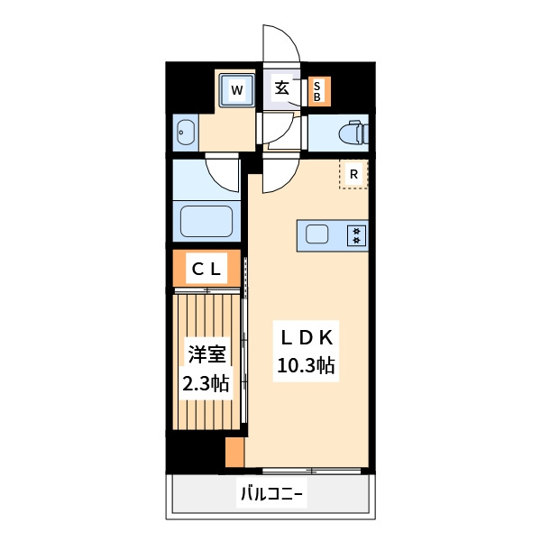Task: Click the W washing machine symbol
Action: pyautogui.click(x=236, y=89)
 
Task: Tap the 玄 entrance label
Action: pyautogui.click(x=282, y=88)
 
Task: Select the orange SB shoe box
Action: pyautogui.click(x=319, y=90)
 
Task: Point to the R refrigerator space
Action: pyautogui.click(x=354, y=174)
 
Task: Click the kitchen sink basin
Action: pyautogui.click(x=317, y=235)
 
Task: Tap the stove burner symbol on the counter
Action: pyautogui.click(x=357, y=235)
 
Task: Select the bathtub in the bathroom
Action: pyautogui.click(x=206, y=222)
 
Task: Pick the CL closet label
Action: pyautogui.click(x=206, y=268)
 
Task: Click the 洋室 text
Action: pyautogui.click(x=206, y=353)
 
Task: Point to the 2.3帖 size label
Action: pyautogui.click(x=206, y=384)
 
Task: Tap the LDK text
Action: pyautogui.click(x=307, y=337)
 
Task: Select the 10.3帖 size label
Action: pyautogui.click(x=307, y=366)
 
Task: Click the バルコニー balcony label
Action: pyautogui.click(x=270, y=494)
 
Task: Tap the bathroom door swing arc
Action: pyautogui.click(x=222, y=171)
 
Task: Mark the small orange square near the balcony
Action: pyautogui.click(x=235, y=452)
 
